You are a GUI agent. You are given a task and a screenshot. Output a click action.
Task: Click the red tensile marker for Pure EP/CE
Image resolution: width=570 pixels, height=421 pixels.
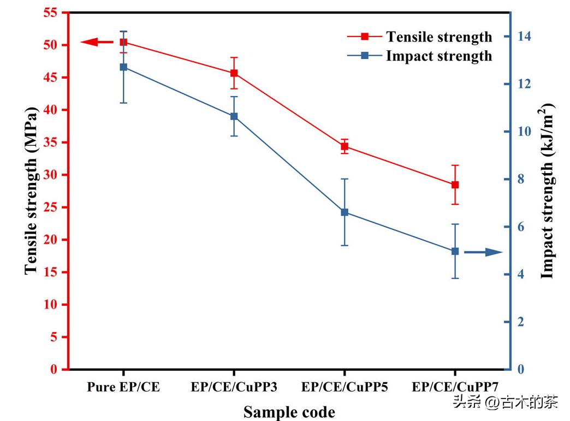123,42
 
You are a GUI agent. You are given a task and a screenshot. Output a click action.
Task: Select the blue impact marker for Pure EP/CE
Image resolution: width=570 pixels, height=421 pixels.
123,67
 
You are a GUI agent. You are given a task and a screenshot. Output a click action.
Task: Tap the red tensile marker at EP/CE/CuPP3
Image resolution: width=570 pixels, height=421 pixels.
234,73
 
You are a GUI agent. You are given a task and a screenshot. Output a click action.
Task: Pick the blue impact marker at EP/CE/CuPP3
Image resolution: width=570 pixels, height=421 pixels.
234,116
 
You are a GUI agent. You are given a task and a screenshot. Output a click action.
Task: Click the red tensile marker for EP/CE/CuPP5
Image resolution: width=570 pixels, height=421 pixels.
345,146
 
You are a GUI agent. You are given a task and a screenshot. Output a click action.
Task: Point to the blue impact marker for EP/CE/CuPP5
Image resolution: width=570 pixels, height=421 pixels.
345,212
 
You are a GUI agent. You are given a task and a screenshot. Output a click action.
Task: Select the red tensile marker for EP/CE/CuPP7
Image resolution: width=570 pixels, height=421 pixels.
455,185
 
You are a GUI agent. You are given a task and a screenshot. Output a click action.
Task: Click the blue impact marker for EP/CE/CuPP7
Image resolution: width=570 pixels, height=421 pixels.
455,251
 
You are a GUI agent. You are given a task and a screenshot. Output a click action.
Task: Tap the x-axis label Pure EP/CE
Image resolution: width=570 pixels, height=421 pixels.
123,387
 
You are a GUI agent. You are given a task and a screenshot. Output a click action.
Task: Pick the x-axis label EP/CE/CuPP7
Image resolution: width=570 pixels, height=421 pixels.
455,387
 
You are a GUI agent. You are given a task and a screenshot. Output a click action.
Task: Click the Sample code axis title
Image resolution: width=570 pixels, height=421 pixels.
289,412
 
